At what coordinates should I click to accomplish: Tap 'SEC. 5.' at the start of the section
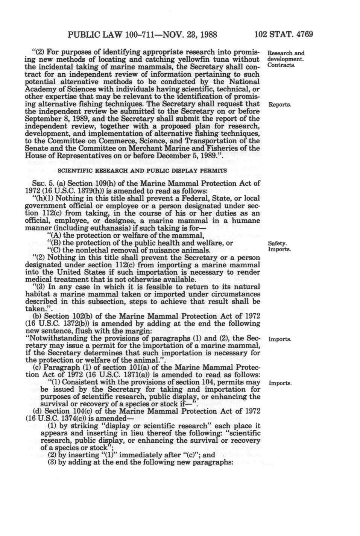(40, 183)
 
